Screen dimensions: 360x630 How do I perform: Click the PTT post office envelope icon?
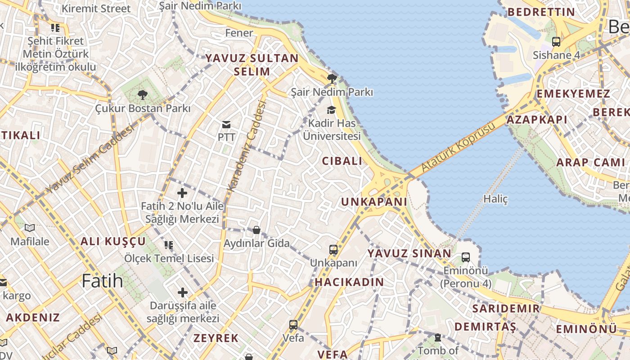tap(226, 124)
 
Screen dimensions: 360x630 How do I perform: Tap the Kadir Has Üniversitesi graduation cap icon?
tap(331, 110)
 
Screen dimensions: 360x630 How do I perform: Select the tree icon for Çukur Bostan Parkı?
tap(142, 94)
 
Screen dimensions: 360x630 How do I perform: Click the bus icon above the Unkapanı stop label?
tap(333, 250)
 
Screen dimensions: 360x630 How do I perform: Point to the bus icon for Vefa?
tap(293, 324)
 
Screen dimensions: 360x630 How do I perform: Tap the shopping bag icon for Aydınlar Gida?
tap(256, 230)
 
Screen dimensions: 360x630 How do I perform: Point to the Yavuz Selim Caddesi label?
tap(90, 160)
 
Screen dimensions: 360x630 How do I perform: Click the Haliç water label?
tap(495, 198)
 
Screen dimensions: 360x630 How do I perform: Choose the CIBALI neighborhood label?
tap(342, 161)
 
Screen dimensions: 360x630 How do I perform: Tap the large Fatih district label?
tap(102, 281)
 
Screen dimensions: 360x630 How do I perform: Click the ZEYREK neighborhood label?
tap(216, 338)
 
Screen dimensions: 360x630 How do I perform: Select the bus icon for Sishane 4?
tap(556, 42)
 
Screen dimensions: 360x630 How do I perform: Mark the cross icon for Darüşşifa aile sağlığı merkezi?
tap(182, 292)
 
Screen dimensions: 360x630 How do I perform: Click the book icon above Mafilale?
tap(30, 228)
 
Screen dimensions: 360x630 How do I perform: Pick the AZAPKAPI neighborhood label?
tap(537, 120)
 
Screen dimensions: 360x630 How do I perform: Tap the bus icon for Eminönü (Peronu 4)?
tap(465, 257)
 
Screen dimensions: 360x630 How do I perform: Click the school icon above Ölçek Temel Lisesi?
tap(169, 245)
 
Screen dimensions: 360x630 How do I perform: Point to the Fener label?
tap(239, 33)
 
